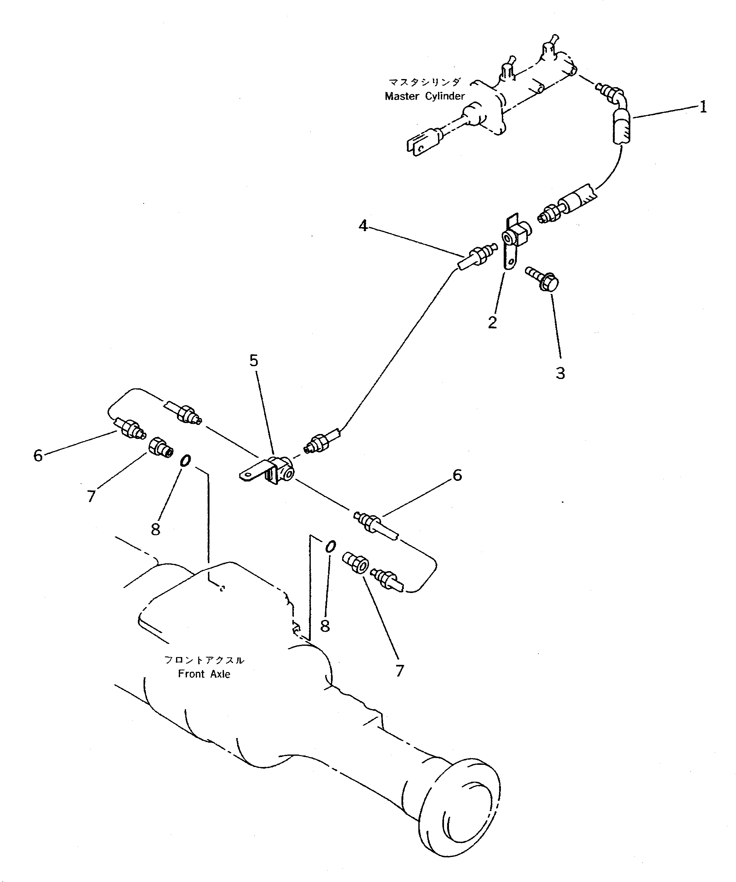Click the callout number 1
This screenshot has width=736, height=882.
coord(703,107)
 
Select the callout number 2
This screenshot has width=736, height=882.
coord(492,322)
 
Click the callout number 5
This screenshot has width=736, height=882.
coord(254,360)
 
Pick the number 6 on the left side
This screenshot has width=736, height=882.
coord(38,455)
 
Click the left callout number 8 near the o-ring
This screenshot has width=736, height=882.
coord(155,530)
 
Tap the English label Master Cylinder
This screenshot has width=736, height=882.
coord(425,96)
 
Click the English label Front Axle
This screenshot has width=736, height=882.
coord(204,674)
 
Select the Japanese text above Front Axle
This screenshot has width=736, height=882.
coord(204,660)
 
